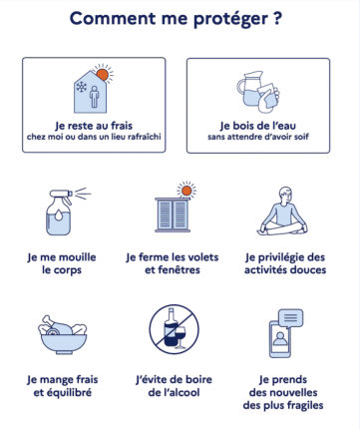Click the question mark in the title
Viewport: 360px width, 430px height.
[x=278, y=18]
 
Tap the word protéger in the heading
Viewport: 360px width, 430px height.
[x=230, y=19]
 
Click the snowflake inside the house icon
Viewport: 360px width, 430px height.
[x=82, y=87]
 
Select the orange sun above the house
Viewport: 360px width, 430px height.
[x=103, y=75]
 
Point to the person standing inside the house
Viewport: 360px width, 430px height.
[x=95, y=97]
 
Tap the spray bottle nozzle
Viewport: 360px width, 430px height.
[x=62, y=194]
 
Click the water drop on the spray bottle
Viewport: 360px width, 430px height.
[x=59, y=215]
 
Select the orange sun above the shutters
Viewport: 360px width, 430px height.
[x=186, y=191]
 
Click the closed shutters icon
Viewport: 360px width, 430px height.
[x=173, y=215]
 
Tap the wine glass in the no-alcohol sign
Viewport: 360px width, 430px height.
[x=180, y=336]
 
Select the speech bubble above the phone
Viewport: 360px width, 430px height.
[x=290, y=318]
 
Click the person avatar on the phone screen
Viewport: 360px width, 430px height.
[x=280, y=339]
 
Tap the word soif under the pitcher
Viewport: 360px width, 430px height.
[x=302, y=137]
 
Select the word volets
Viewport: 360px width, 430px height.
[x=203, y=257]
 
